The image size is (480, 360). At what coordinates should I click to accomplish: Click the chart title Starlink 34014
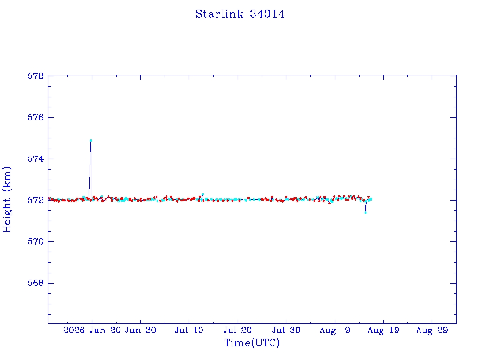240,14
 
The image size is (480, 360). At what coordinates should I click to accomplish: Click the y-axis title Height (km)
7,200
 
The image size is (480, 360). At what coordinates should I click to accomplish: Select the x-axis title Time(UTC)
252,343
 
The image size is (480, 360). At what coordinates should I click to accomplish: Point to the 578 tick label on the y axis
36,76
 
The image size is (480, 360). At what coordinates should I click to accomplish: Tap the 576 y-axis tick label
36,117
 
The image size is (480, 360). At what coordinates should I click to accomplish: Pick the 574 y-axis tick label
36,159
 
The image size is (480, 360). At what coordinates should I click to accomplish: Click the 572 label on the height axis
36,200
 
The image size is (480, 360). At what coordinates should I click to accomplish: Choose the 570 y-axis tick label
36,241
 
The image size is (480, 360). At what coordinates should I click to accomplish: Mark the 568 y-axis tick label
36,283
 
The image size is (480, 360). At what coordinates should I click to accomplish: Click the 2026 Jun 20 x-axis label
92,330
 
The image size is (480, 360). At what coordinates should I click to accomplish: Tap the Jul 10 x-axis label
189,330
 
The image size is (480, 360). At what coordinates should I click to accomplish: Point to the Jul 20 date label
238,330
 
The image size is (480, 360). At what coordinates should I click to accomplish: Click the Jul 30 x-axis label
286,330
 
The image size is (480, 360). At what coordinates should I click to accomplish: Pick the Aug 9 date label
335,330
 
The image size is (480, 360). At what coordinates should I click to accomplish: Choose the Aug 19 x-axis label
383,330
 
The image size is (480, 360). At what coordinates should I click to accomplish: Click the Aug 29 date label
432,330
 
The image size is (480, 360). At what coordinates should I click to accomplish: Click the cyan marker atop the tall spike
91,141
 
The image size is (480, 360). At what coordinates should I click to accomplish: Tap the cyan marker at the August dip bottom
366,212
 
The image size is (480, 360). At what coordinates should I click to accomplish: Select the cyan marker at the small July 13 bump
202,195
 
